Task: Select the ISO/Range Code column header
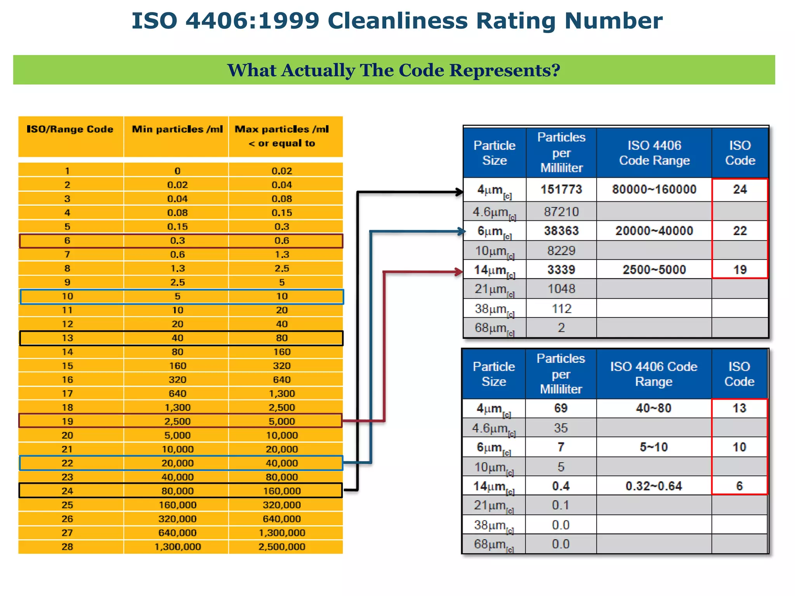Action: tap(70, 129)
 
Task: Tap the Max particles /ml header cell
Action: tap(282, 136)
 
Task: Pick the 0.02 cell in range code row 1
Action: tap(282, 171)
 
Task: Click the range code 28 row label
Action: tap(67, 547)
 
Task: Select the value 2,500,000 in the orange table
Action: tap(282, 547)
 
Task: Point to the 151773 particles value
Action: tap(561, 189)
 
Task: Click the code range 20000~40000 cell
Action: tap(654, 231)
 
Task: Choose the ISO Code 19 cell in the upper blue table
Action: tap(740, 270)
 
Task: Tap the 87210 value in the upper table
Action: tap(561, 212)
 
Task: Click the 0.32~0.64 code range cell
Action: tap(654, 486)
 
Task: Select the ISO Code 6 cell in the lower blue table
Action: tap(739, 486)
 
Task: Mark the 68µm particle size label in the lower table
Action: tap(493, 544)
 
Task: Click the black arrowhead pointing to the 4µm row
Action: tap(460, 192)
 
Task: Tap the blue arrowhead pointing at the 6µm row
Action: tap(462, 232)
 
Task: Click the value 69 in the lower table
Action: tap(561, 408)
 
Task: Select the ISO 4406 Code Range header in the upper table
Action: tap(654, 153)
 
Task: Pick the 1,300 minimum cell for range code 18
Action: tap(177, 407)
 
